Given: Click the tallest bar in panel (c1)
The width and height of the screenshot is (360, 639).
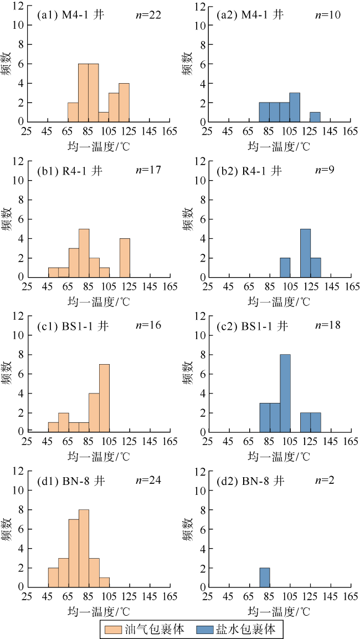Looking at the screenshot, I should tap(104, 398).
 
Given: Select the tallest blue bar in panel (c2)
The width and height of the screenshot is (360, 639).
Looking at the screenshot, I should tap(285, 393).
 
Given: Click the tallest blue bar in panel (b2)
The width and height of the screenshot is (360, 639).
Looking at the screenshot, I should tap(305, 253).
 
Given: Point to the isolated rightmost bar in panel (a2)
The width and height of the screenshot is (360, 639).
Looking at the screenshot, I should tap(315, 116).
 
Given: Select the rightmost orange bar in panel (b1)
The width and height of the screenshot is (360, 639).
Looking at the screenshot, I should tap(124, 258).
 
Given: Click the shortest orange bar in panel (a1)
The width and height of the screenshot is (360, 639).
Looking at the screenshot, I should tap(104, 116).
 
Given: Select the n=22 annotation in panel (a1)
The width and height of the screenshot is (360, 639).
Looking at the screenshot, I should tap(148, 15).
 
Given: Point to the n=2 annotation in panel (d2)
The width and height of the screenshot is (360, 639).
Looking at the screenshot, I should tap(326, 480).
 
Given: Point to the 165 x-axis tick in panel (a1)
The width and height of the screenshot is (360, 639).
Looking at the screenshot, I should tap(169, 131).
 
